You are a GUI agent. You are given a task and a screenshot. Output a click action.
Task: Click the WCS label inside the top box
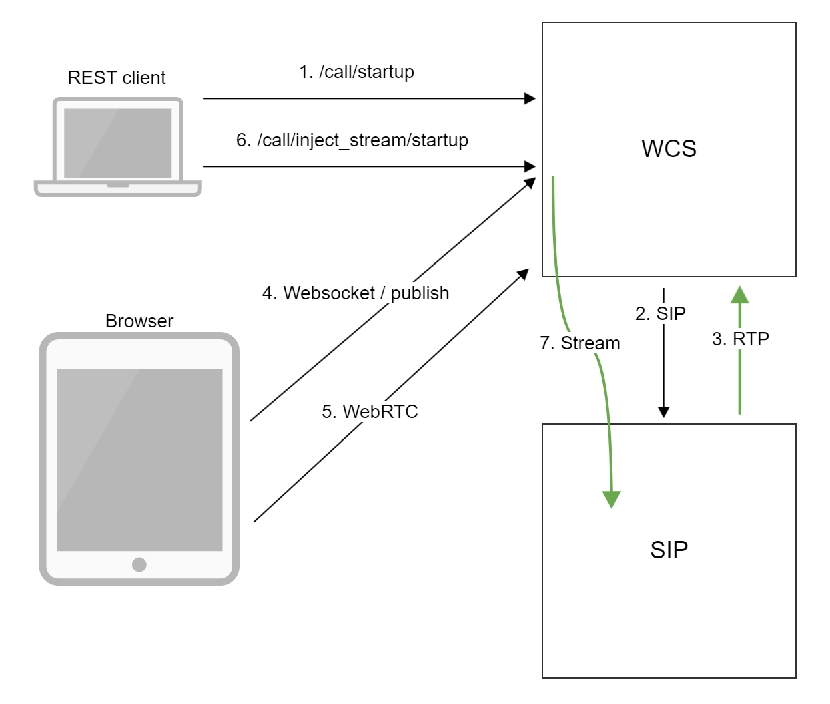669,148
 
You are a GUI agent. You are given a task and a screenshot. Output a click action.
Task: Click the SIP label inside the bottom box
669,550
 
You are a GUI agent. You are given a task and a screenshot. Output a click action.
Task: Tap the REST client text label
117,78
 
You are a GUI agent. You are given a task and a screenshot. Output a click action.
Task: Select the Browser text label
139,321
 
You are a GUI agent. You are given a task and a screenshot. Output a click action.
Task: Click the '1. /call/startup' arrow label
356,72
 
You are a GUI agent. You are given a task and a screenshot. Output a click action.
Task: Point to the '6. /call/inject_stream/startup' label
352,140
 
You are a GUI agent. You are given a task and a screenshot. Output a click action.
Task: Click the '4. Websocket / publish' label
355,293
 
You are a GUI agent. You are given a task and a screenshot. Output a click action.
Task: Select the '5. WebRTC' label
370,411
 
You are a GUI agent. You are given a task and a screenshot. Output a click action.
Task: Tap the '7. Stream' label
580,343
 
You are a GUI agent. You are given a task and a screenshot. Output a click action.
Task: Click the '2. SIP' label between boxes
660,313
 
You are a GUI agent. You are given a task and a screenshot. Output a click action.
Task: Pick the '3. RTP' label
740,339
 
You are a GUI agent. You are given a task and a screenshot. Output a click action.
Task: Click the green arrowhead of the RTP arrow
739,295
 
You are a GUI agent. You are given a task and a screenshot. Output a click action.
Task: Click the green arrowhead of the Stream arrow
611,499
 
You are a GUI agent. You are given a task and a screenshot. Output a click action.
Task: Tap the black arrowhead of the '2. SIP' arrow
663,411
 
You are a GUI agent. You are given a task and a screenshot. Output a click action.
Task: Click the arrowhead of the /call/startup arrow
530,98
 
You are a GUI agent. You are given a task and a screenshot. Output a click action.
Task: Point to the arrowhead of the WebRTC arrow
524,274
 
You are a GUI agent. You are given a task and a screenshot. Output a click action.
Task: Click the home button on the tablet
139,564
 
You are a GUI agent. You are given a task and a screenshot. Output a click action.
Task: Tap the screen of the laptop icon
117,143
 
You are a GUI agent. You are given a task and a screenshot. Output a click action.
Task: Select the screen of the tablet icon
139,460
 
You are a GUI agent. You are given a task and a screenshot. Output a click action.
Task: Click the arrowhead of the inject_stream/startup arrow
530,166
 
